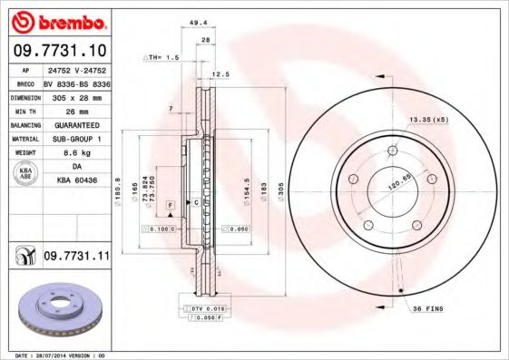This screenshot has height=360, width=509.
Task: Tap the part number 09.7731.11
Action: coord(76,258)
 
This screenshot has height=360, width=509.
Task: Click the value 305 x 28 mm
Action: coord(76,97)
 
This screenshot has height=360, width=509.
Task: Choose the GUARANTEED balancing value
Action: coord(76,126)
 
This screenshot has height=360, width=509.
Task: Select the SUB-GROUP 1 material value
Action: coord(76,141)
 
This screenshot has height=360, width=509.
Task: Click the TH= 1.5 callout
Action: coord(163,56)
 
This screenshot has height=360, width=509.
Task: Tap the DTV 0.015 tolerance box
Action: coord(208,309)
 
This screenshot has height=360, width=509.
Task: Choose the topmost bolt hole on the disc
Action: coord(392,150)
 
